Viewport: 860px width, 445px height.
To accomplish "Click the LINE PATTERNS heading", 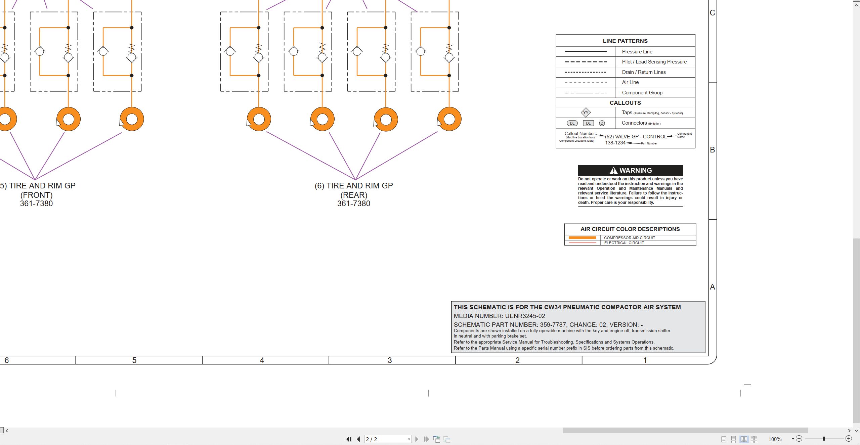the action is tap(625, 41).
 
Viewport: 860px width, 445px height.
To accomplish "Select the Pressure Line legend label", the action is tap(637, 52).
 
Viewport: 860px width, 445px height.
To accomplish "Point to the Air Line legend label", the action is tap(630, 82).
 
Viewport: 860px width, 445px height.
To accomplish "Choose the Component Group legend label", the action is tap(642, 93).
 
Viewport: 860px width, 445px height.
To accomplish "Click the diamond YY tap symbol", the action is tap(586, 113).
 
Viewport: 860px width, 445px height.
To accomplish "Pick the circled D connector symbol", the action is tap(602, 123).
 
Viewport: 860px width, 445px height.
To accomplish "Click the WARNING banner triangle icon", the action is tap(613, 171).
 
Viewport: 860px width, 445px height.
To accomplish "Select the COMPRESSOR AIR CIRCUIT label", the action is tap(629, 238).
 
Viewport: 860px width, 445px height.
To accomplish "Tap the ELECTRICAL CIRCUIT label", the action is tap(624, 243).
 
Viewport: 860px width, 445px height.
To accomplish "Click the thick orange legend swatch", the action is tap(582, 238).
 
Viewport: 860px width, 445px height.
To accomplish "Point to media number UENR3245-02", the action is tap(525, 316).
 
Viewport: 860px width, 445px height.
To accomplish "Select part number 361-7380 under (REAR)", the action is tap(353, 204).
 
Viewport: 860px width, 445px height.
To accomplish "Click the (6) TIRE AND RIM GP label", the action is tap(354, 186).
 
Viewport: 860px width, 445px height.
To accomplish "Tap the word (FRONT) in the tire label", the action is tap(36, 195).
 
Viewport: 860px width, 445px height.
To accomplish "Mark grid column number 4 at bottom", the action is tap(262, 360).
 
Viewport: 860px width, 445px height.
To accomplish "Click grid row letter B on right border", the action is tap(712, 150).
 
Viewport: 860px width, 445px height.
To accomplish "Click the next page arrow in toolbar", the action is tap(417, 439).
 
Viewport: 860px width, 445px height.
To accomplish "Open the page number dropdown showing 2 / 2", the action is tap(409, 439).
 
